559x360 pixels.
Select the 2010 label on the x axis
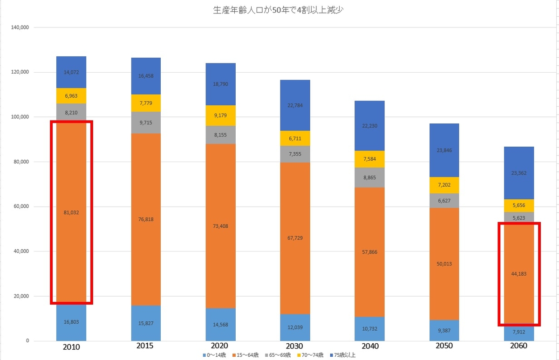point(71,347)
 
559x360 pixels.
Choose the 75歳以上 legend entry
point(343,355)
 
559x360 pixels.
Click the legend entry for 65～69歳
point(279,355)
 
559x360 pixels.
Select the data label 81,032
point(71,213)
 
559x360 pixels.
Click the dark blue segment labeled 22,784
point(295,105)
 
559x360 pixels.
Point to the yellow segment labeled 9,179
point(220,115)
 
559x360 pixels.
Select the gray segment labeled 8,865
point(369,177)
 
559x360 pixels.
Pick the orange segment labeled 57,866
point(369,252)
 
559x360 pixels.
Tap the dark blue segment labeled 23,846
point(444,150)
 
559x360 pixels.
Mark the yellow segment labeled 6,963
point(71,95)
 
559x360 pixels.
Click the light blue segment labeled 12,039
point(295,327)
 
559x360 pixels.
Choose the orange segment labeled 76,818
point(146,219)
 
